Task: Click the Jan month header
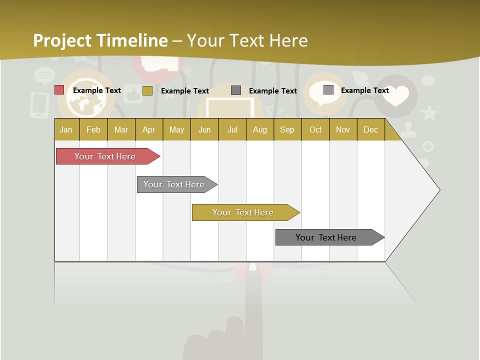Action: [66, 129]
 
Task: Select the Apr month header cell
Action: [149, 129]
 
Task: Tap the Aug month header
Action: [259, 129]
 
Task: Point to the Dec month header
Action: [370, 129]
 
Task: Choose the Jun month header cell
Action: [204, 129]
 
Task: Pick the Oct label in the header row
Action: [315, 129]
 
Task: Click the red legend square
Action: [59, 90]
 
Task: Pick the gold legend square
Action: [147, 90]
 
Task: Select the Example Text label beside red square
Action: [97, 90]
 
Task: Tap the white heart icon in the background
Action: [396, 95]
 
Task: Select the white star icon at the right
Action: [429, 113]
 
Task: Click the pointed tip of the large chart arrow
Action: [439, 190]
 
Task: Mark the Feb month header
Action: [93, 129]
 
